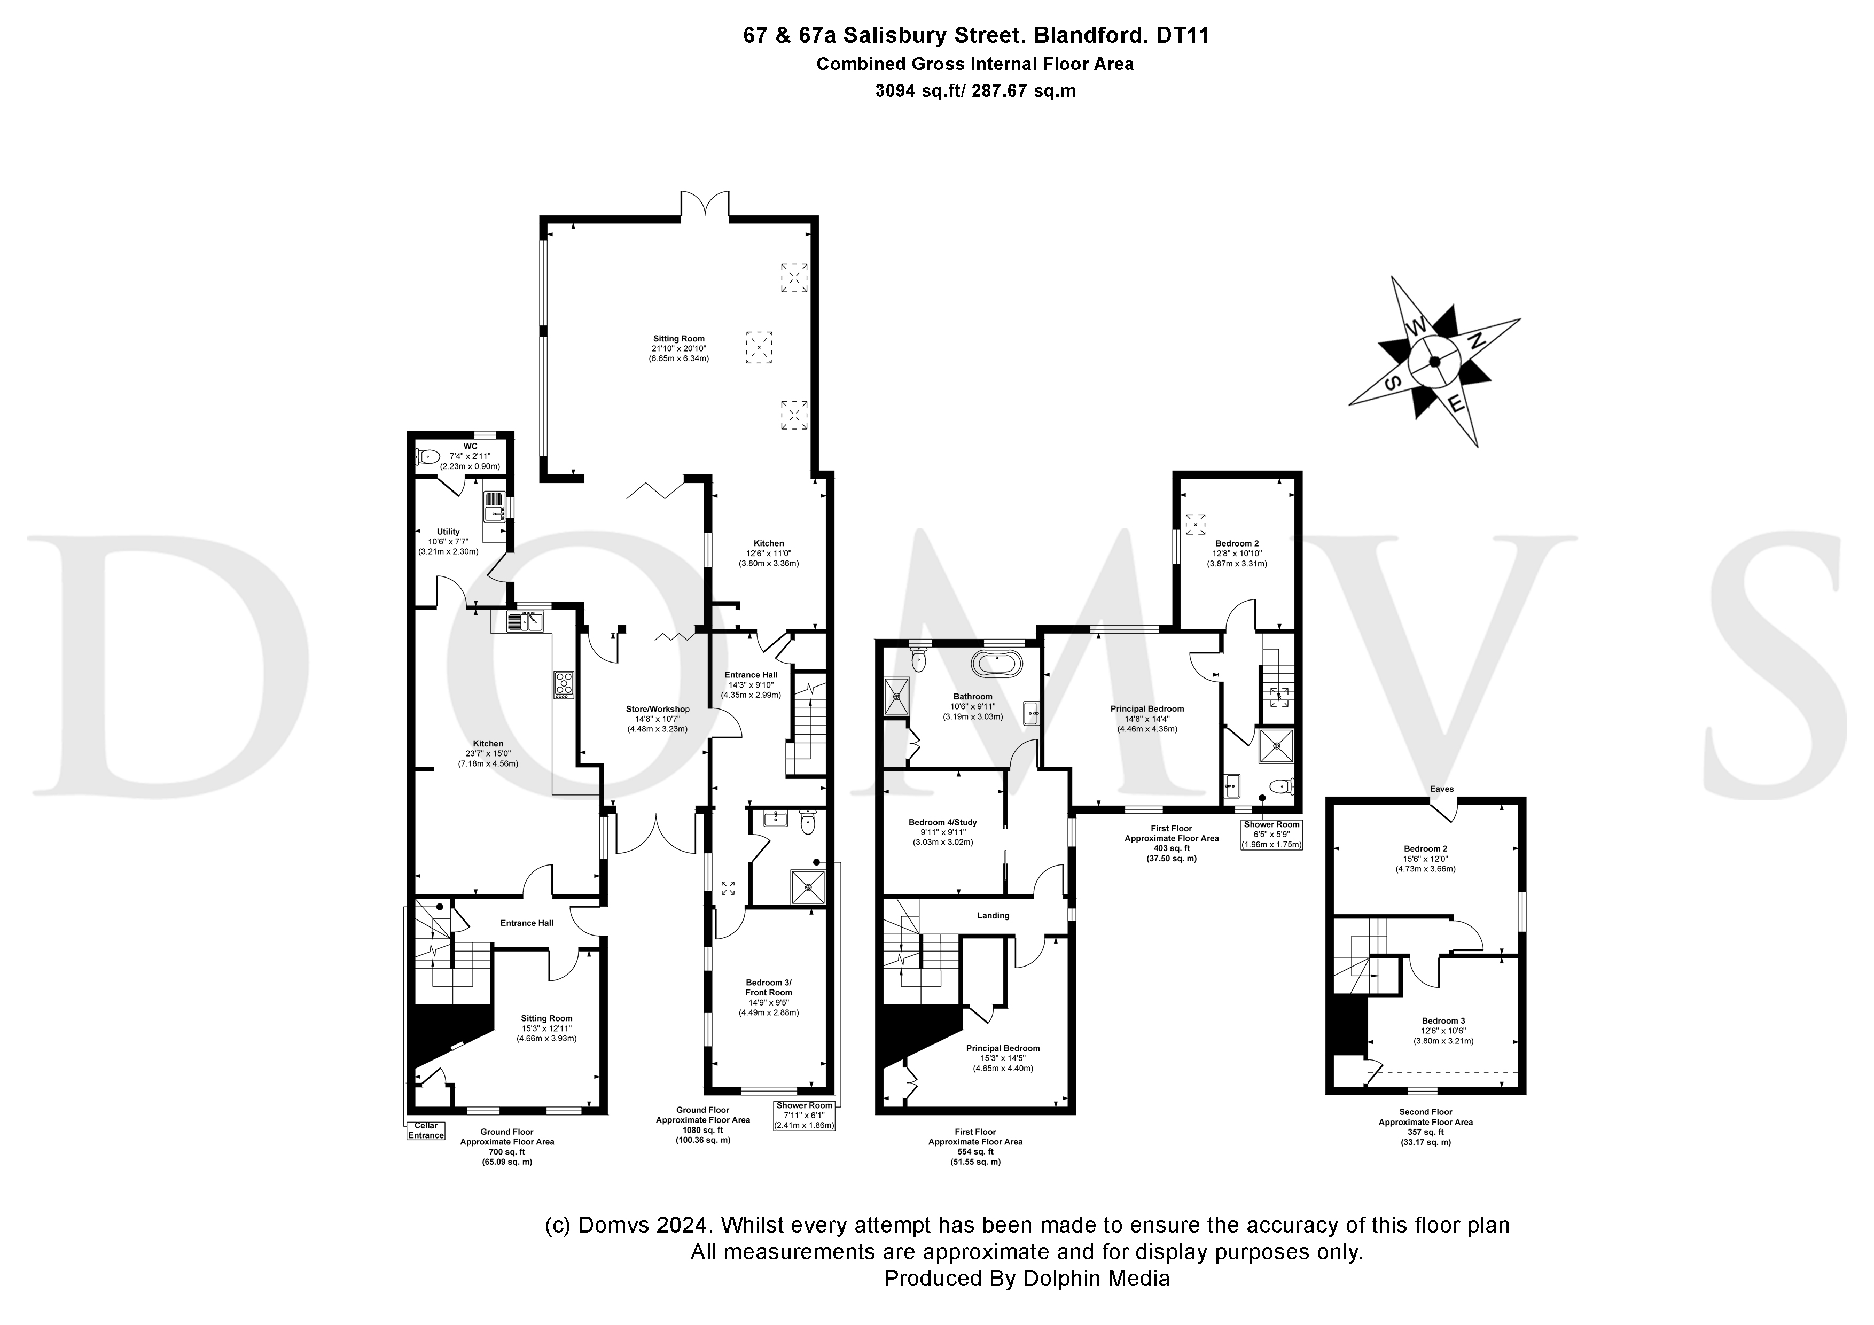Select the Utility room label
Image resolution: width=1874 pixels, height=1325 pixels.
point(448,532)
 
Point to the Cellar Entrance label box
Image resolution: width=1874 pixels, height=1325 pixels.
point(426,1131)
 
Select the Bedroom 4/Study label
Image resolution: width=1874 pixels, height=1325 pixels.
point(943,822)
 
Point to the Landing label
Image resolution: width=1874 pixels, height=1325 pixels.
point(993,915)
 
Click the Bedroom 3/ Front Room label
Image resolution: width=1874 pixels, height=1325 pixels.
point(768,987)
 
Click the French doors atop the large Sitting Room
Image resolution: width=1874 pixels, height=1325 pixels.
point(705,204)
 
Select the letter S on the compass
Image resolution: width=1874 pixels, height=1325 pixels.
point(1395,383)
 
